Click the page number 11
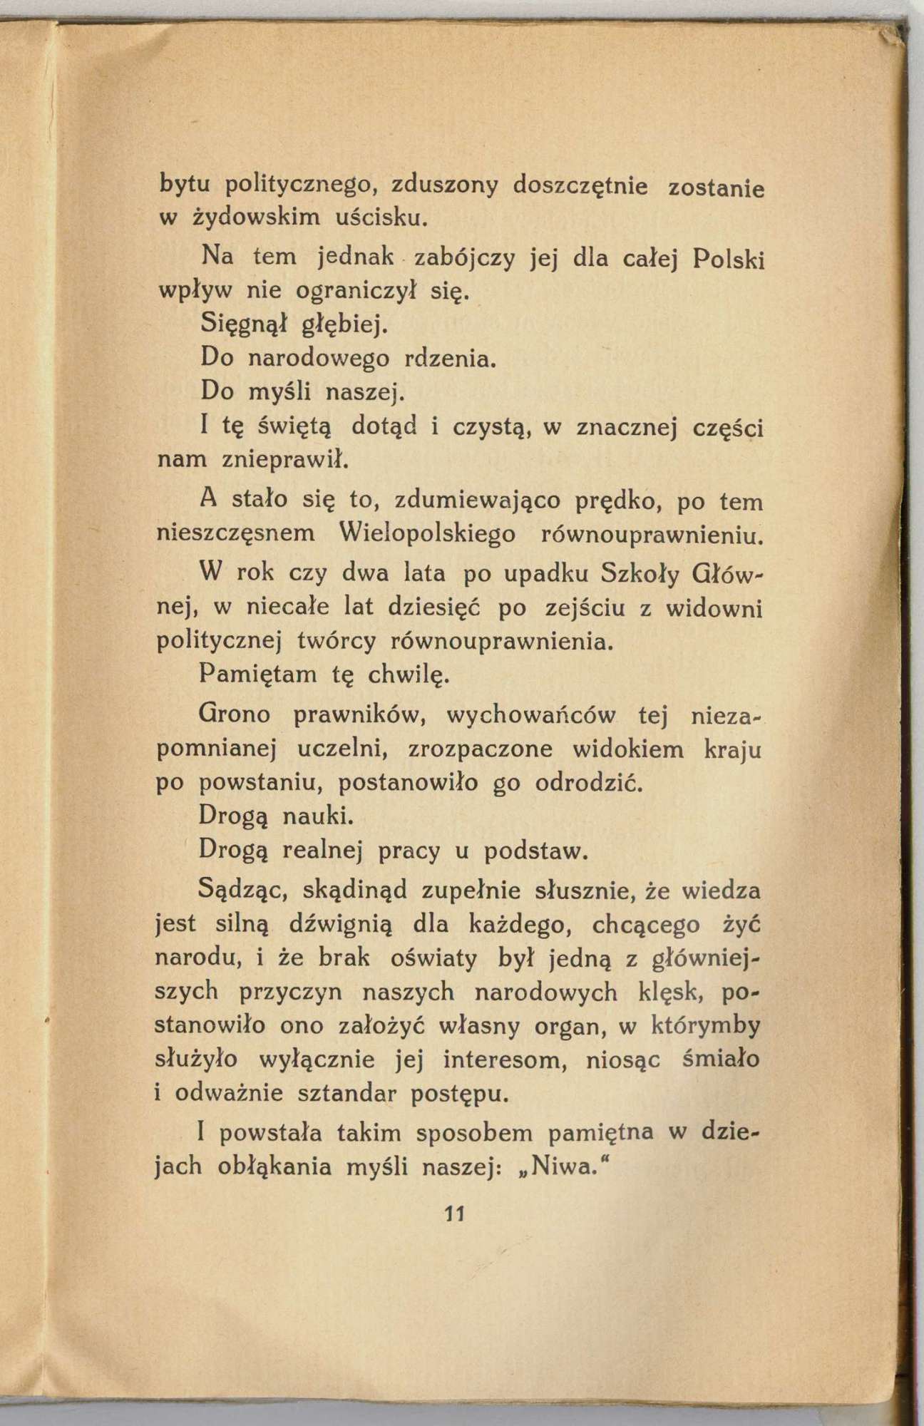(x=454, y=1213)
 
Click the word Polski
(x=728, y=259)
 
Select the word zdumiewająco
(x=471, y=502)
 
